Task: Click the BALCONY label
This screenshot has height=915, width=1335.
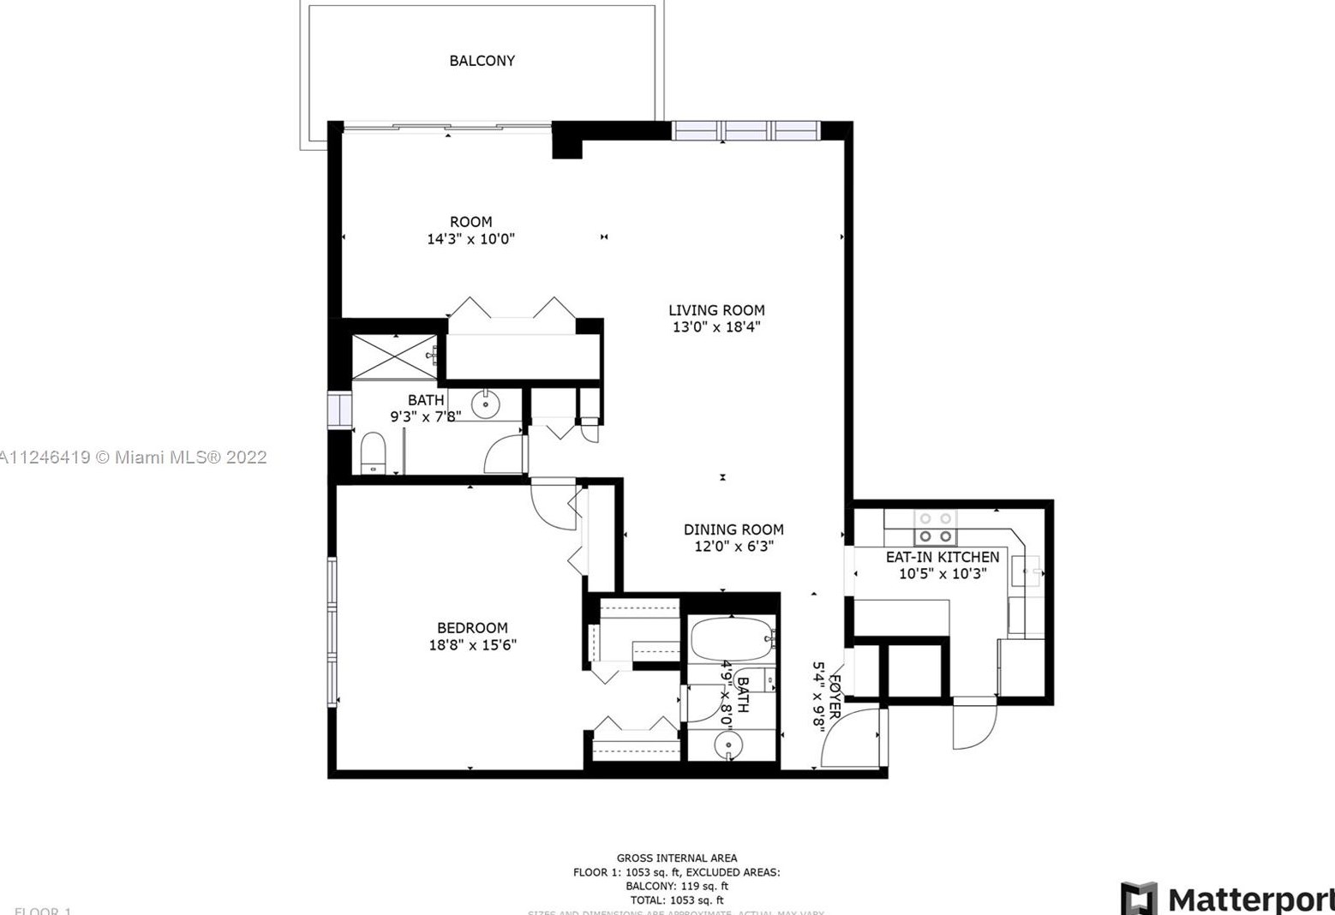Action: [482, 61]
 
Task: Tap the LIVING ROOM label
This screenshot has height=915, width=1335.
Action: [716, 310]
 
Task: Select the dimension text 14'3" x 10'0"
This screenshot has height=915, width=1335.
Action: [470, 239]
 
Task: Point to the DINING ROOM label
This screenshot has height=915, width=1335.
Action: [733, 529]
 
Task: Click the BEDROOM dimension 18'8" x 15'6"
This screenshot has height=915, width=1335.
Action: [472, 645]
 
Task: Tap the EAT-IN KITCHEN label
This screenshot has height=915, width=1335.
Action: [942, 557]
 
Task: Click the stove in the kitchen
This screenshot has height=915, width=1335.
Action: [935, 528]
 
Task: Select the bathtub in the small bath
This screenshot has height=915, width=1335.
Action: [731, 638]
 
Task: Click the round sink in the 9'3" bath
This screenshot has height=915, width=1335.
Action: [486, 404]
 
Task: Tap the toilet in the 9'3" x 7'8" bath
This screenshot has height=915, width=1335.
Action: [373, 452]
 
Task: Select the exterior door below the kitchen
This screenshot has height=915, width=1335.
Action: [974, 725]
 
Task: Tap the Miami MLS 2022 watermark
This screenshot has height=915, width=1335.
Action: [134, 457]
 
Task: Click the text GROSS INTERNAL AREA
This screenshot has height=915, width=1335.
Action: [676, 858]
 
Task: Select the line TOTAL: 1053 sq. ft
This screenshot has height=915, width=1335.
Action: [676, 900]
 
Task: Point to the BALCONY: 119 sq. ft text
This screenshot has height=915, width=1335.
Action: [676, 886]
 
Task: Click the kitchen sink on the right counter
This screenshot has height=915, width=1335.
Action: [1027, 569]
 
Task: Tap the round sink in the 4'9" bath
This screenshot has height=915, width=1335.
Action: [728, 745]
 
